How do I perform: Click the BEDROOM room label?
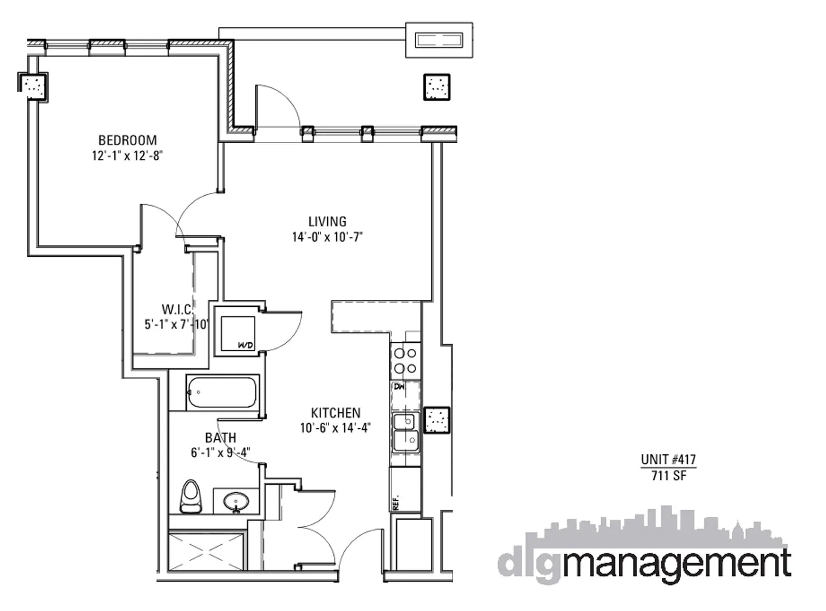pyautogui.click(x=127, y=140)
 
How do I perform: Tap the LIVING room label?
pyautogui.click(x=327, y=221)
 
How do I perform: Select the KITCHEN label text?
pyautogui.click(x=335, y=413)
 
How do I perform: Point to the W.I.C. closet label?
pyautogui.click(x=177, y=309)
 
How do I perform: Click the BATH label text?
pyautogui.click(x=220, y=437)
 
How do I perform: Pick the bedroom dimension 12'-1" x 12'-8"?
pyautogui.click(x=127, y=156)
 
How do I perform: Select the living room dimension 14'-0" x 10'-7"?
pyautogui.click(x=327, y=237)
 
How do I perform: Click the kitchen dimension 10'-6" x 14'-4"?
pyautogui.click(x=335, y=428)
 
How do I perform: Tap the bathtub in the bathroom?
pyautogui.click(x=222, y=392)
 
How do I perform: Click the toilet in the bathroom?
pyautogui.click(x=191, y=496)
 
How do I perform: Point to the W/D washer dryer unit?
pyautogui.click(x=238, y=333)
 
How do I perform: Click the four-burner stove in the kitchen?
pyautogui.click(x=405, y=360)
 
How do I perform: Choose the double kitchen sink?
pyautogui.click(x=406, y=432)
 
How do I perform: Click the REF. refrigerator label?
pyautogui.click(x=396, y=502)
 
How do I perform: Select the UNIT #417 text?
pyautogui.click(x=668, y=459)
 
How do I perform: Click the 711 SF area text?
pyautogui.click(x=669, y=476)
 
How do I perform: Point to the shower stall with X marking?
pyautogui.click(x=206, y=549)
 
